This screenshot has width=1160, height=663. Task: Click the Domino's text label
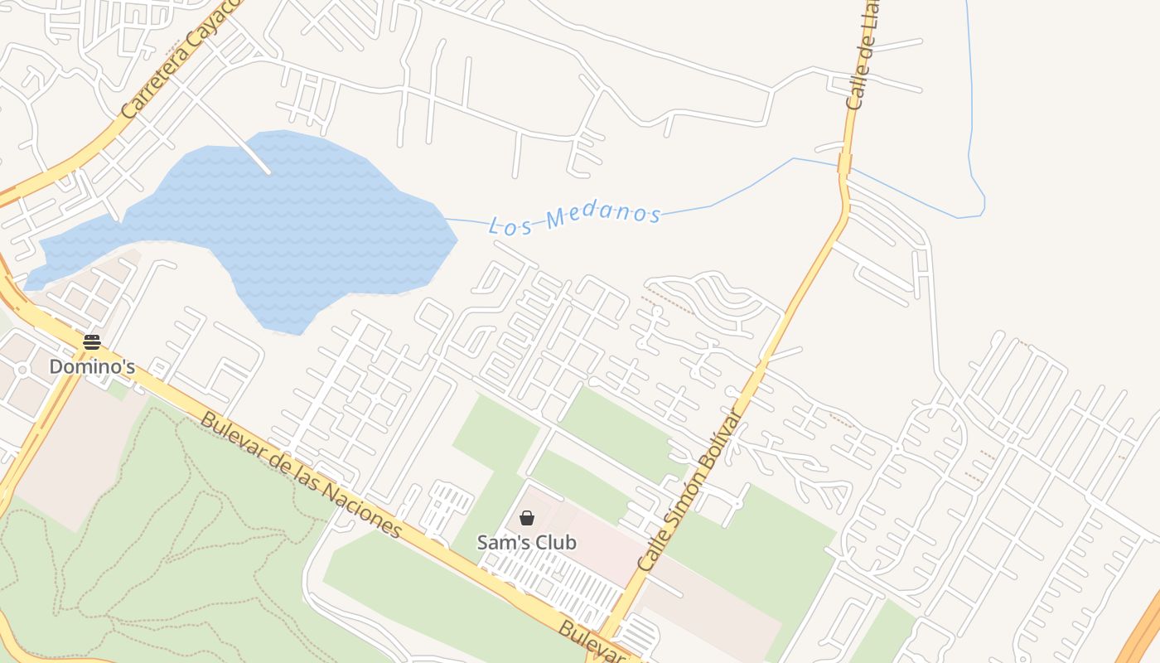(91, 365)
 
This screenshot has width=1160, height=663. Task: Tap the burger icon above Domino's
(91, 342)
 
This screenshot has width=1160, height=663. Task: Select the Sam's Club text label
(526, 542)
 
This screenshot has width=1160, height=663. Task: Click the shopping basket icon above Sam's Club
(526, 519)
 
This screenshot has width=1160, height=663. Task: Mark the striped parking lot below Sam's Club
(555, 584)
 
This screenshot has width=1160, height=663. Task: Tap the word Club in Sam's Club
(553, 542)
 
